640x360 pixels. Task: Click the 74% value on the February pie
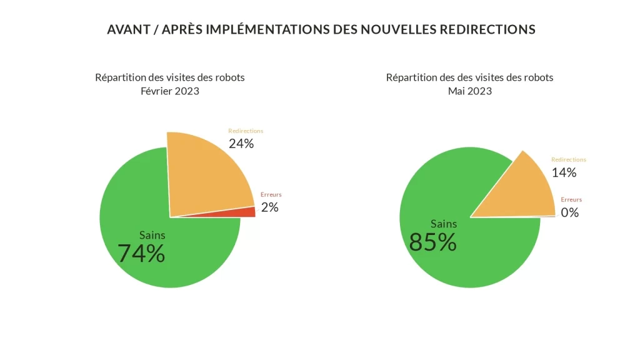141,253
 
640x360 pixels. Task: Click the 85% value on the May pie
432,242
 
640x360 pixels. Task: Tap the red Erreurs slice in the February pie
248,212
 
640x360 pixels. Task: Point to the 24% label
241,144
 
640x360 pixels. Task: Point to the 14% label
564,172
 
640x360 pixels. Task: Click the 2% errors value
269,207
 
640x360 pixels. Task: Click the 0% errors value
569,212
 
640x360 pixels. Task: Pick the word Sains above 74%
152,235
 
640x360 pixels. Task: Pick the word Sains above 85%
444,224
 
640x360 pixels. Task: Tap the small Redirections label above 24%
246,131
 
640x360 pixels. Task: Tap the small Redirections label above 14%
568,160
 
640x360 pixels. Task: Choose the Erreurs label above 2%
271,194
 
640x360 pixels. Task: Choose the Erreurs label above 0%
571,199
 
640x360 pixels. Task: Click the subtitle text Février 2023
169,91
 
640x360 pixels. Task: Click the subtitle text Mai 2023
469,91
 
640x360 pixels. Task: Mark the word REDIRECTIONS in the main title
487,29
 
